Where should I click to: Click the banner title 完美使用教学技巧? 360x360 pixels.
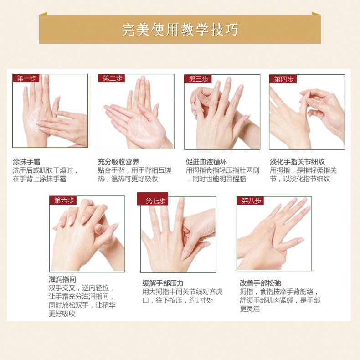coord(180,29)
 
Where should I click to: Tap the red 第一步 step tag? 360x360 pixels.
coord(26,78)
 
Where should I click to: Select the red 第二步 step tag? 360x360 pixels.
coord(111,78)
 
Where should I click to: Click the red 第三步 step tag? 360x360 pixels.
coord(198,79)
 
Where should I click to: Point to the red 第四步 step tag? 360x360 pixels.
coord(283,79)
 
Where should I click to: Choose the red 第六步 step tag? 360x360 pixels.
coord(63,201)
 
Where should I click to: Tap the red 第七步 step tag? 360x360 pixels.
coord(153,199)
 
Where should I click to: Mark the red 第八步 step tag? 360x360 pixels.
coord(250,201)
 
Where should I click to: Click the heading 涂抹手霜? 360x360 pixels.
coord(26,162)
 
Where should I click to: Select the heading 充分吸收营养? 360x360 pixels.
coord(118,162)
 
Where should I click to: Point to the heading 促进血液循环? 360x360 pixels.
coord(206,162)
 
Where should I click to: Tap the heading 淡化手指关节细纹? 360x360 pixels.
coord(297,162)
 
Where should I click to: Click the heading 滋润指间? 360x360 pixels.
coord(62,279)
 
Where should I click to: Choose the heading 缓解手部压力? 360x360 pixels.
coord(163,283)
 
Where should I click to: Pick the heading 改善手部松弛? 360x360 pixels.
coord(260,283)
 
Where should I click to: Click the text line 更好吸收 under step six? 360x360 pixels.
coord(62,314)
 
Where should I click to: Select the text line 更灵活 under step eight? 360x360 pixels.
coord(250,309)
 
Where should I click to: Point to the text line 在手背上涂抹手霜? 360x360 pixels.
coord(40,179)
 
